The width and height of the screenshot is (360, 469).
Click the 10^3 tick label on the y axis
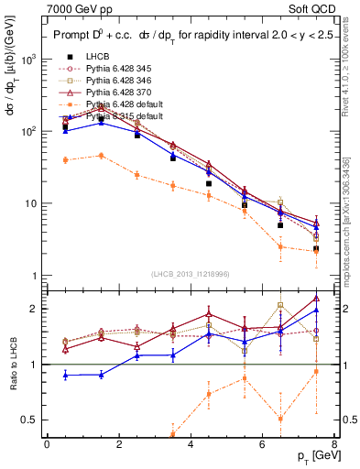coord(28,60)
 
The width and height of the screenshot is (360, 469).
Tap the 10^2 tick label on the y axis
coord(28,132)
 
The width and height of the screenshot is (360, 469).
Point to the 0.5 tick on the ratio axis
coord(29,420)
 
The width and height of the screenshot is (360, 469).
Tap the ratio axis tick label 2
coord(35,309)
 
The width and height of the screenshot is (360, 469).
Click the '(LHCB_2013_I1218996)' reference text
coord(191,274)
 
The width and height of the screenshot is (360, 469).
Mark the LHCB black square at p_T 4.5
coord(209,183)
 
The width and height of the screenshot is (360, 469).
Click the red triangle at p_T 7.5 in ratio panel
coord(315,298)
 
